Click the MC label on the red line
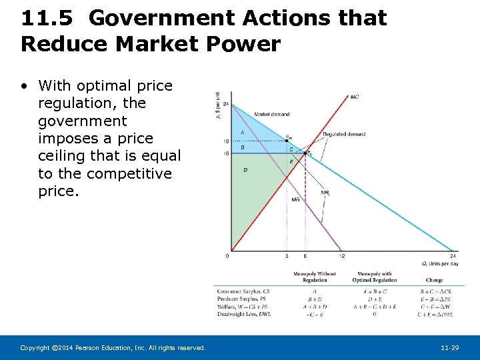click(355, 97)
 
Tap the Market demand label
click(271, 114)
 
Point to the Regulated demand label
click(344, 134)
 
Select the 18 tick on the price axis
click(226, 141)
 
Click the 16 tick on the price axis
click(226, 154)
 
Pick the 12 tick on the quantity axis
click(341, 257)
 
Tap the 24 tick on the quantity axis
click(453, 257)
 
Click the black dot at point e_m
click(287, 141)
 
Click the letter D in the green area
click(245, 170)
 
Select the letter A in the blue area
click(242, 132)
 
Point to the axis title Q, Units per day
click(441, 263)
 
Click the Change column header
click(434, 280)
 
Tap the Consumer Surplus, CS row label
click(243, 291)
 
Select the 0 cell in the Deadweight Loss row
click(374, 314)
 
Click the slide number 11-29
click(450, 348)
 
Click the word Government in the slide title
click(166, 18)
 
